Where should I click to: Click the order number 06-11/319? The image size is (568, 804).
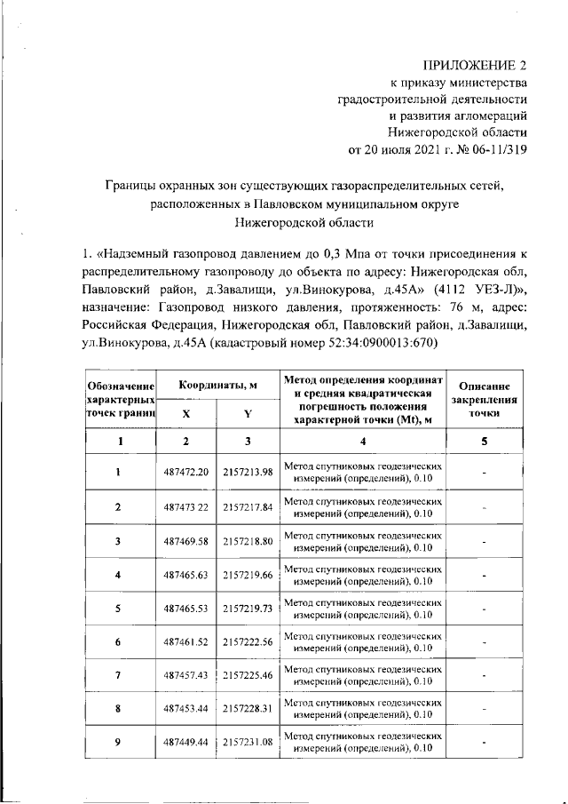click(x=493, y=149)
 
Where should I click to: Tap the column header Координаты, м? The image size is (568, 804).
click(x=217, y=386)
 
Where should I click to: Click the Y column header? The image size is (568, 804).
click(x=248, y=413)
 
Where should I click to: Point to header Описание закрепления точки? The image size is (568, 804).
click(x=484, y=399)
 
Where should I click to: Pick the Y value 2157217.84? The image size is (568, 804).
click(x=248, y=506)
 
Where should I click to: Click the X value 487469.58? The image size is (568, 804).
click(x=185, y=540)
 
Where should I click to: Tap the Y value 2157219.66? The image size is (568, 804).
click(x=248, y=575)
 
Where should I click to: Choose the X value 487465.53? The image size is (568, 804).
click(x=185, y=609)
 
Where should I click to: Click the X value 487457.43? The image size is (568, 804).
click(x=185, y=676)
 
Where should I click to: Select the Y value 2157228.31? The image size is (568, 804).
click(x=248, y=710)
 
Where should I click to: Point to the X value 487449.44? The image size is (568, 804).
click(x=185, y=742)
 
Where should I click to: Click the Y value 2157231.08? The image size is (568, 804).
click(x=248, y=742)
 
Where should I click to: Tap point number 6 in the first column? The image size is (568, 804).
click(x=118, y=642)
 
